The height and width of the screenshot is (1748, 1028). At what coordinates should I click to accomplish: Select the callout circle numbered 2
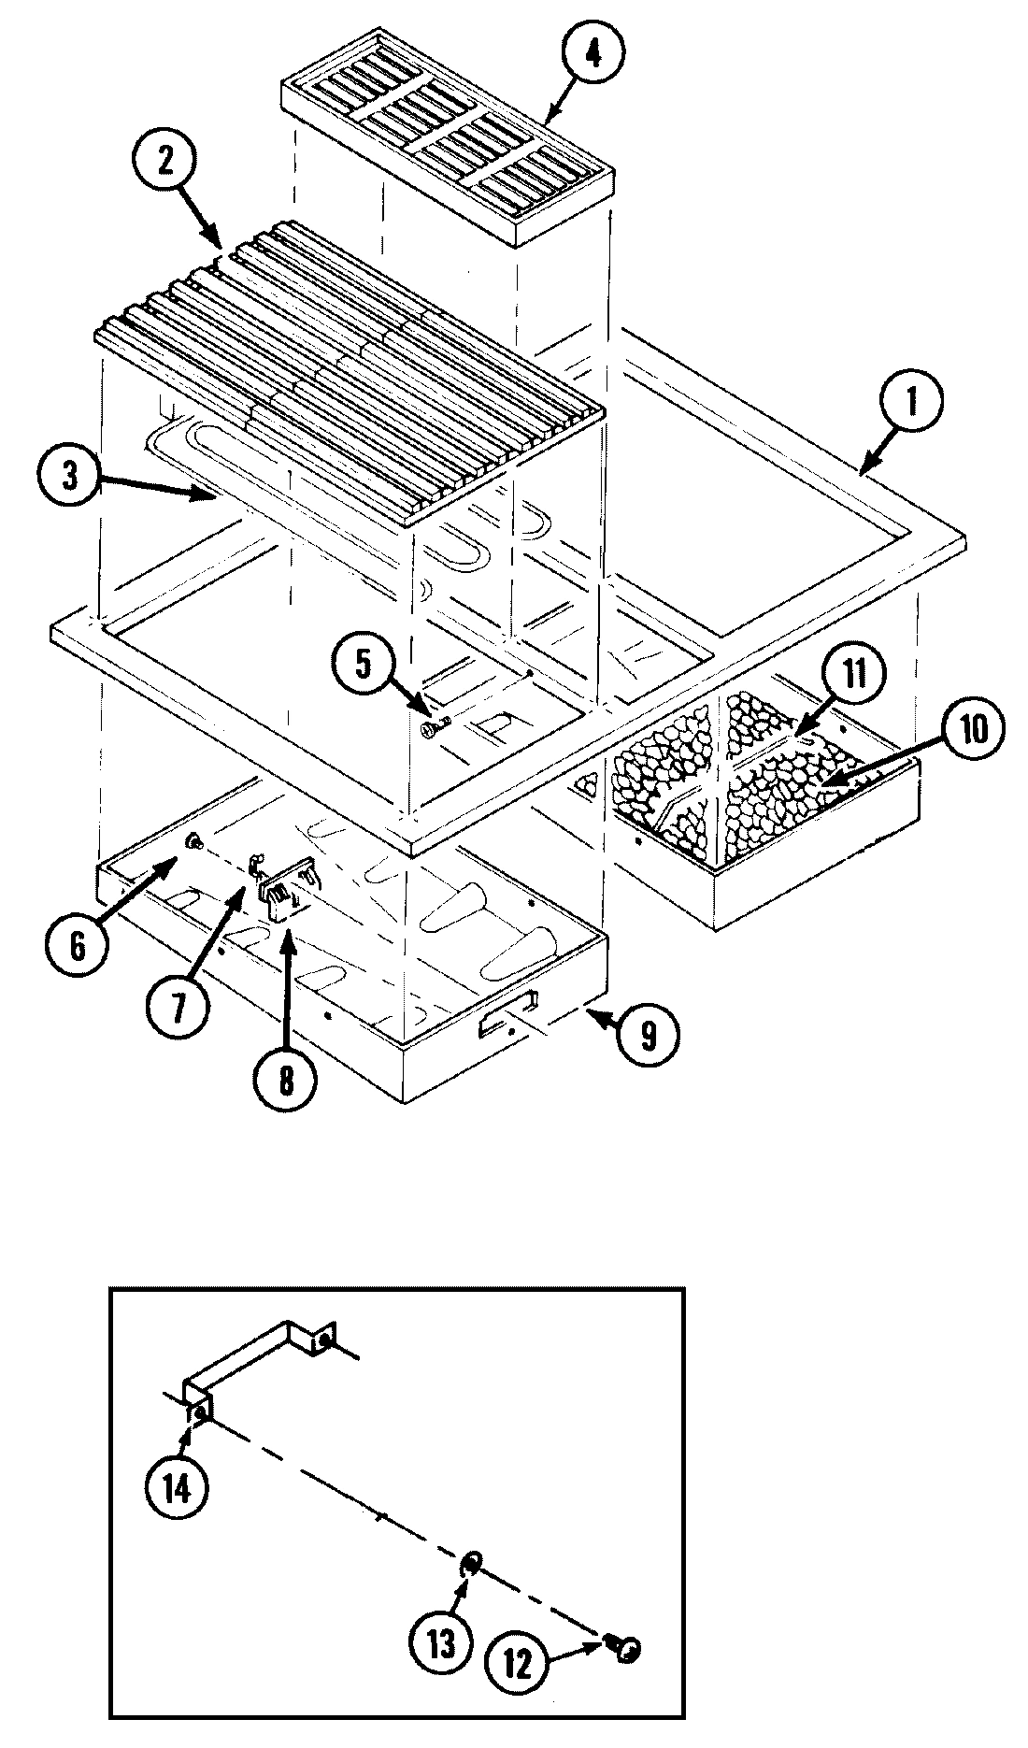(x=165, y=163)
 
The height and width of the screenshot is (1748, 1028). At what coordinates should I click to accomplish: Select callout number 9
(x=649, y=1033)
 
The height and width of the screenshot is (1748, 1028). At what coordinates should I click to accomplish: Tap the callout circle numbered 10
(x=973, y=729)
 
